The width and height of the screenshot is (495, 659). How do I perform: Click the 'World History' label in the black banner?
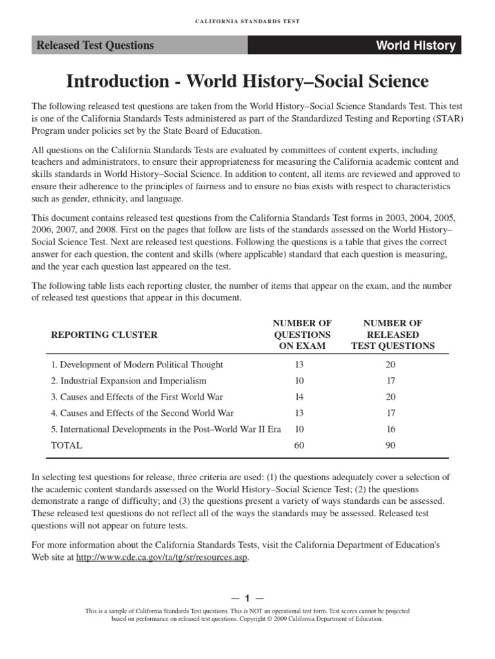[416, 46]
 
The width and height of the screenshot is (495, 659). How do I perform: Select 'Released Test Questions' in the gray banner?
[95, 45]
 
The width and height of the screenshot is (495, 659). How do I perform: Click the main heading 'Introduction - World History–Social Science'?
[247, 81]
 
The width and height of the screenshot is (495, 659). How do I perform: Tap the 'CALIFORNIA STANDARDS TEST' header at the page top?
[247, 21]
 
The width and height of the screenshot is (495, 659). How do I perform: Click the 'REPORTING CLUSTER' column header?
[104, 335]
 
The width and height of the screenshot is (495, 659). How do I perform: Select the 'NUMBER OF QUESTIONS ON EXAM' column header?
[302, 335]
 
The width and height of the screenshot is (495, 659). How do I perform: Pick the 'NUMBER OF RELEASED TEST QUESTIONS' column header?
[393, 335]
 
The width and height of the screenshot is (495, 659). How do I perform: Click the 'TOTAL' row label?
[66, 445]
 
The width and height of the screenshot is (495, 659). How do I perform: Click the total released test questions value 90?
[391, 445]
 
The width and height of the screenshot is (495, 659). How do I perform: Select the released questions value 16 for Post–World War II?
[391, 429]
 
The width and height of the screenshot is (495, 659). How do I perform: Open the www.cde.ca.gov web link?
[162, 557]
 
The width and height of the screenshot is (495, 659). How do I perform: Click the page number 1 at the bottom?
[247, 598]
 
